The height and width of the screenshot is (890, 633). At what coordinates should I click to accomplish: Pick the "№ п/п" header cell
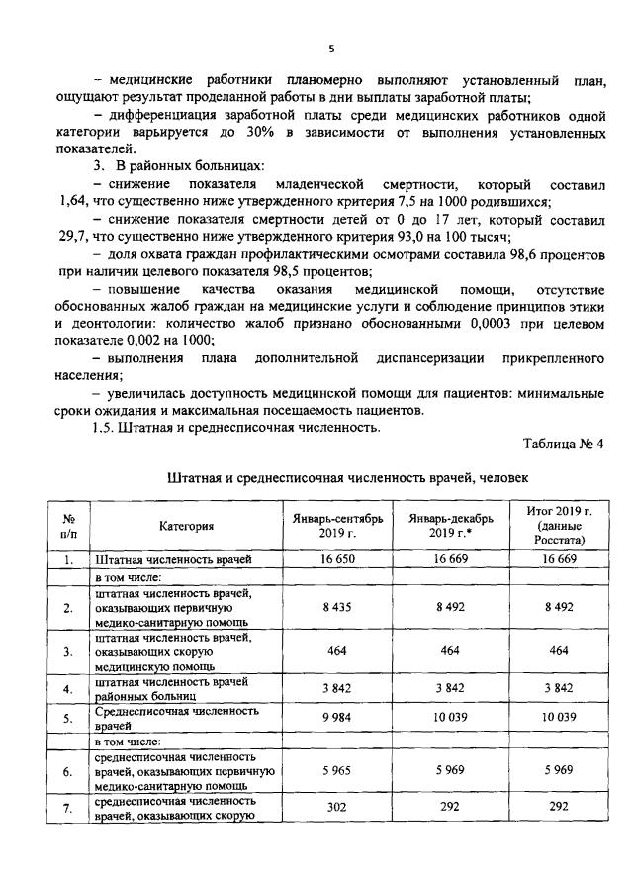[69, 526]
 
